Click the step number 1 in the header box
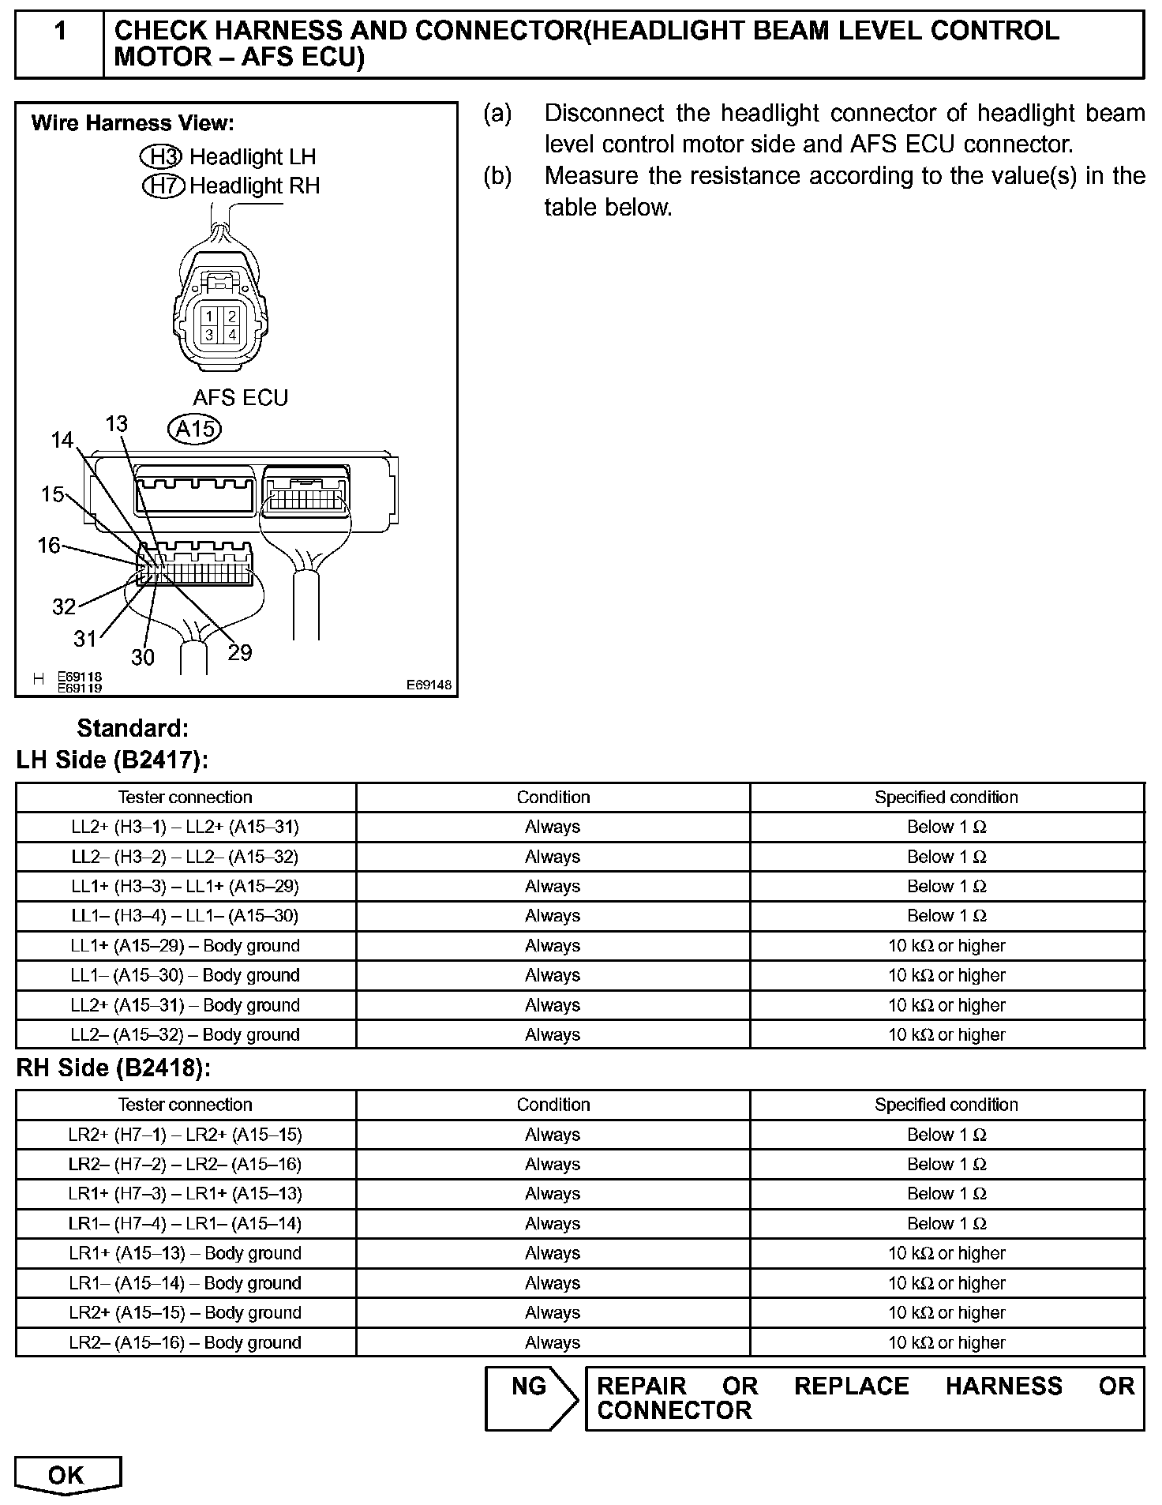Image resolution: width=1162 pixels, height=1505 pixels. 60,32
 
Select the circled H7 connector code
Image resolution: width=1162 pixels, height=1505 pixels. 163,186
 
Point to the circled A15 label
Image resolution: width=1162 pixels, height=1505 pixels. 194,429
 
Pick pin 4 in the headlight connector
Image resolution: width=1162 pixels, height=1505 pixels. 231,335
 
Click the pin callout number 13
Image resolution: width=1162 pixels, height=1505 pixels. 116,424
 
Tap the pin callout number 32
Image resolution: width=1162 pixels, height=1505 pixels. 64,606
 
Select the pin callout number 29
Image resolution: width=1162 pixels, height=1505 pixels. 239,652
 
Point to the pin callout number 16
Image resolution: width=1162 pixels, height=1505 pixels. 49,545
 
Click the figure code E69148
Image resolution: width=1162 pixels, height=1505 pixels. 429,685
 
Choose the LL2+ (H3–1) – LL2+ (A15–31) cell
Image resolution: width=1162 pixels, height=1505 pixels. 186,828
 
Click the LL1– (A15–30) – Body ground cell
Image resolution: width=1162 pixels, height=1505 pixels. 186,976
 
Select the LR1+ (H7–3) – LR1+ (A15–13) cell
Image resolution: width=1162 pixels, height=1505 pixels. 186,1194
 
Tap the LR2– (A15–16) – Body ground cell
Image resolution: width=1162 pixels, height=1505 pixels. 186,1342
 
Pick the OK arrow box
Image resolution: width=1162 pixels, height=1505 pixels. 68,1475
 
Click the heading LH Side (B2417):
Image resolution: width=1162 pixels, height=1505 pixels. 112,760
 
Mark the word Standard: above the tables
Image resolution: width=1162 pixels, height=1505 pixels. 133,728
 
